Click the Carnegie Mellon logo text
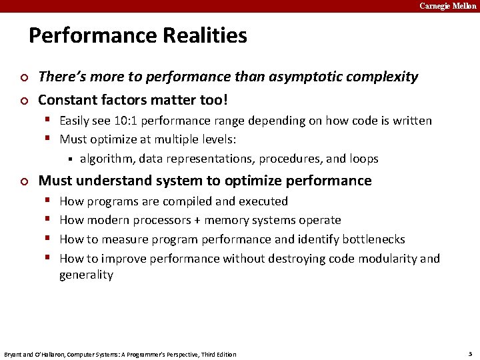447,6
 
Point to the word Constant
67,101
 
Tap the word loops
363,159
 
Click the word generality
86,275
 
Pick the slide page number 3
470,353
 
